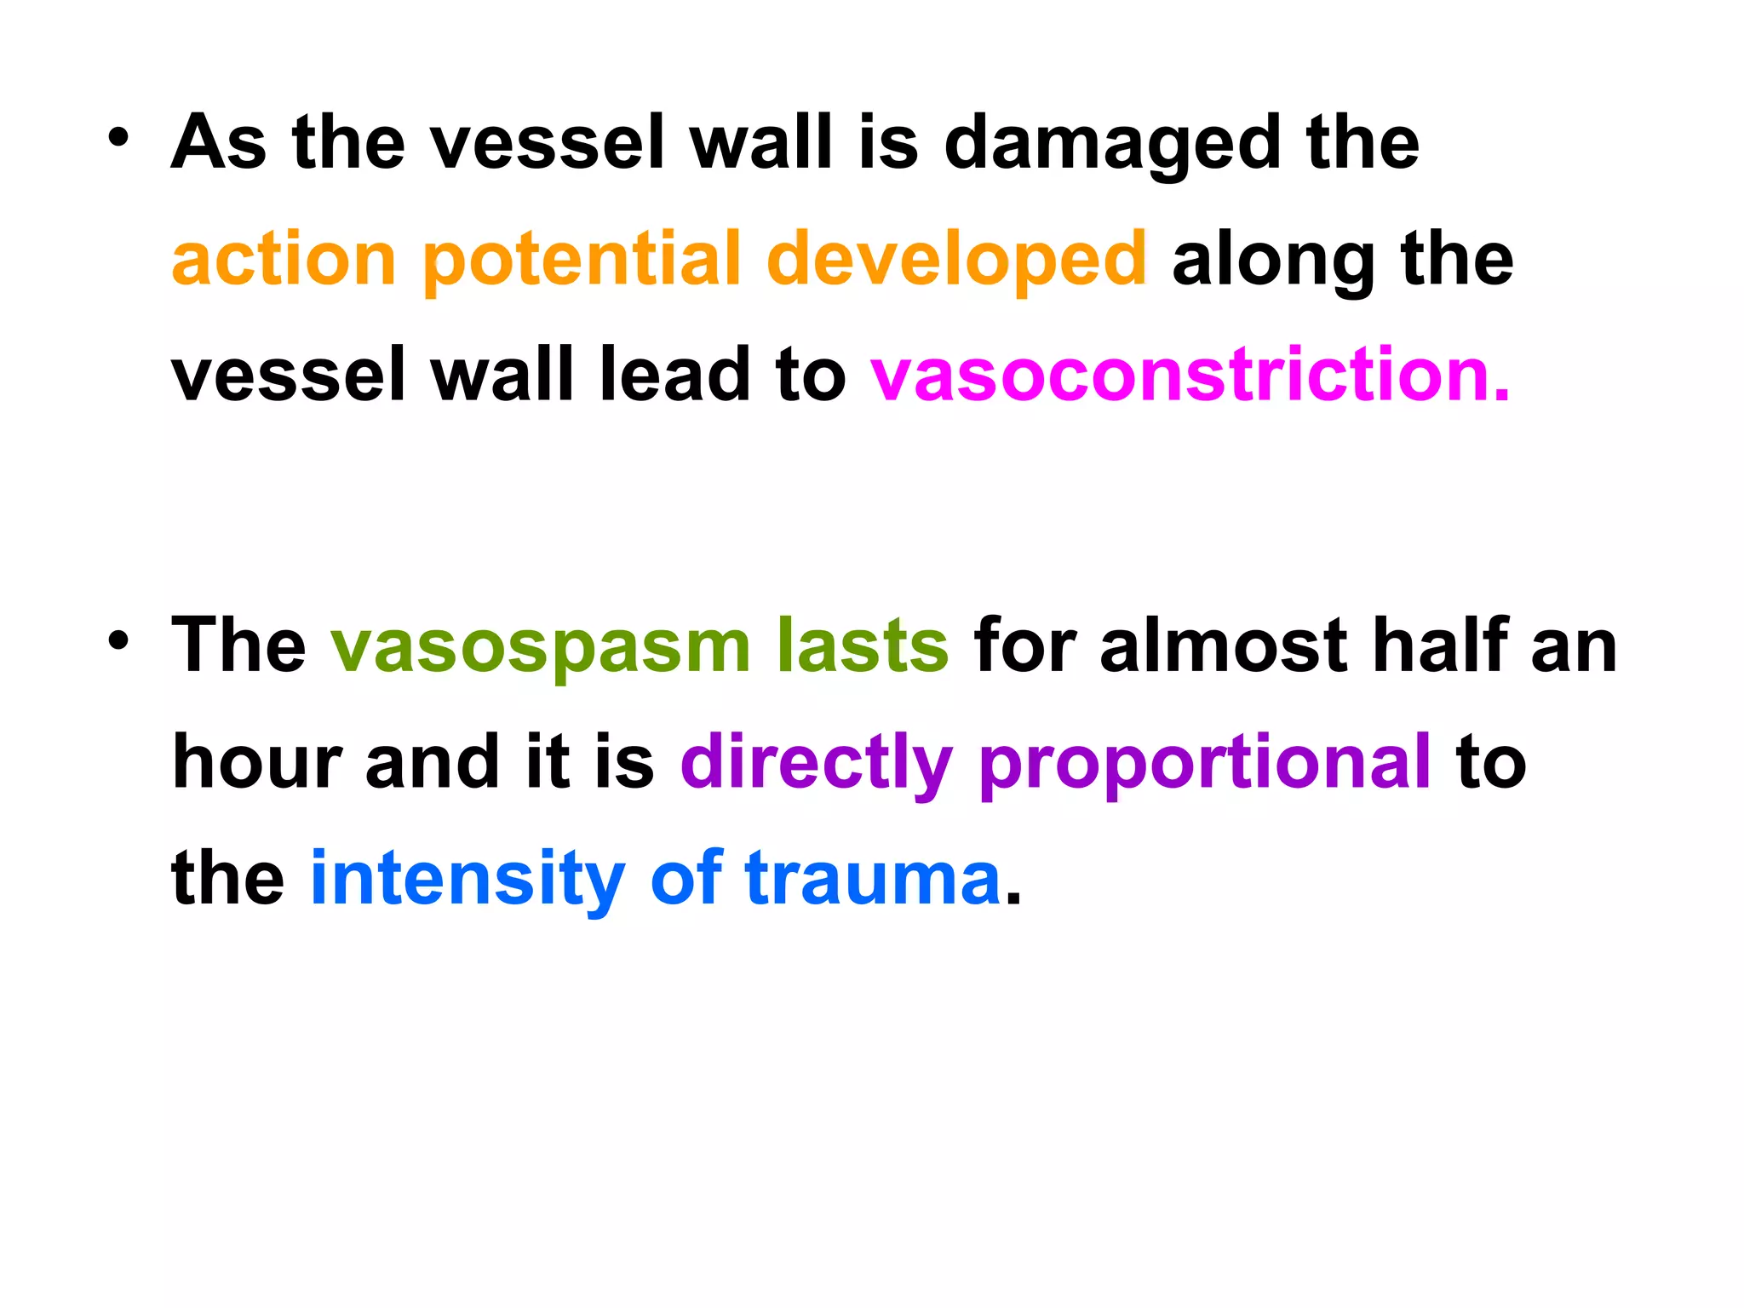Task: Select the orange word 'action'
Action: (284, 259)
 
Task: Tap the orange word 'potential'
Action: (582, 261)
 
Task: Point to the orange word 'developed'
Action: (956, 261)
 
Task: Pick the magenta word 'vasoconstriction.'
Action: (1190, 375)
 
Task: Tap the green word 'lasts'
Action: (862, 645)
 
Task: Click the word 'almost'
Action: (1224, 645)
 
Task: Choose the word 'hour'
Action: (256, 761)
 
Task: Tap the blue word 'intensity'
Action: (468, 879)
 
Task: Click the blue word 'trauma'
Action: (873, 879)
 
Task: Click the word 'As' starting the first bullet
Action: (219, 143)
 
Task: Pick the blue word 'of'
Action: (686, 877)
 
